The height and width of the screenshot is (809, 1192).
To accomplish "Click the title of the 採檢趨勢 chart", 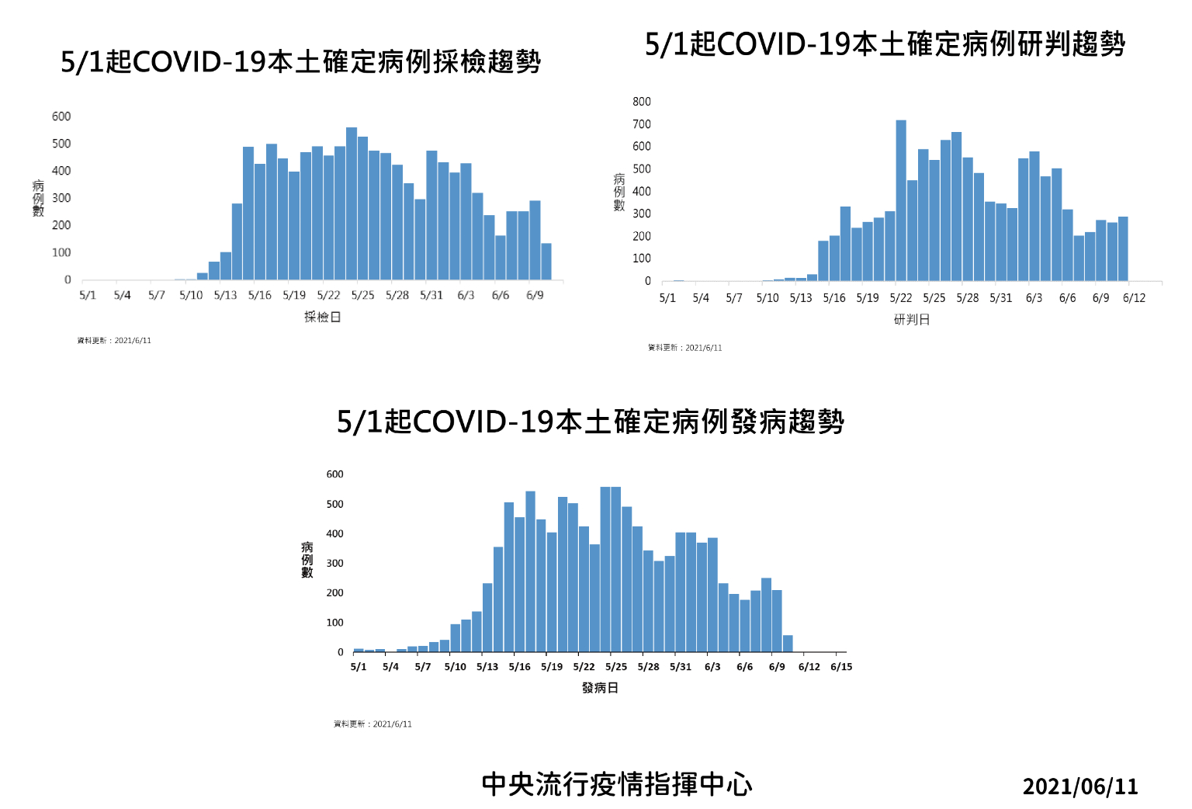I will (300, 61).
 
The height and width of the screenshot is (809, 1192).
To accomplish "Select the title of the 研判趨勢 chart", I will (885, 44).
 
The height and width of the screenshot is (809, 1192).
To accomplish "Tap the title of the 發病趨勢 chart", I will (590, 422).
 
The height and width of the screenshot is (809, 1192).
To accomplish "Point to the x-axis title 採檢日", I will (322, 317).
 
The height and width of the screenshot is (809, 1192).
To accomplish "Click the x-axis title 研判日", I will (911, 319).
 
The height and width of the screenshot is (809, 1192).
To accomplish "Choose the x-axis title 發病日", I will (600, 688).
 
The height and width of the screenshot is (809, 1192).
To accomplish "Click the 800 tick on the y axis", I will (642, 102).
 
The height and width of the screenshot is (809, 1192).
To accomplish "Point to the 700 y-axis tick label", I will (642, 124).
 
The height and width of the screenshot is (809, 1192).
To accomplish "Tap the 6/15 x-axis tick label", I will (841, 667).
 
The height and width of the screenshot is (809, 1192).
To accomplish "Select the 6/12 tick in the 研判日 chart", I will (1134, 298).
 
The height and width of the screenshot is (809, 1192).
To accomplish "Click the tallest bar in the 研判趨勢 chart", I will (901, 200).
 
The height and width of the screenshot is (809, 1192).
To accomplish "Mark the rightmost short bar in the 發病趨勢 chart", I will (788, 644).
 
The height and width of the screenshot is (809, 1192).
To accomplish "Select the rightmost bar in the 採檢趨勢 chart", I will (546, 262).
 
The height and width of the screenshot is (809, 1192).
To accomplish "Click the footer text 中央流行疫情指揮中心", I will (617, 784).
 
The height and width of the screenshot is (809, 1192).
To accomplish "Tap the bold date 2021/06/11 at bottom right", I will (1080, 786).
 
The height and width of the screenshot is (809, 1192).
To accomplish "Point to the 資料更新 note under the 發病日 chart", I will (372, 724).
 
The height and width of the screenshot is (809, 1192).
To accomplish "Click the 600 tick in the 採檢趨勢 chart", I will (61, 116).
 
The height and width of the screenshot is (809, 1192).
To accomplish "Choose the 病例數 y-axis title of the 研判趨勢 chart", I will (619, 192).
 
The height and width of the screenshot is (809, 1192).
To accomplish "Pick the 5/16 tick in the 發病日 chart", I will (519, 667).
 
